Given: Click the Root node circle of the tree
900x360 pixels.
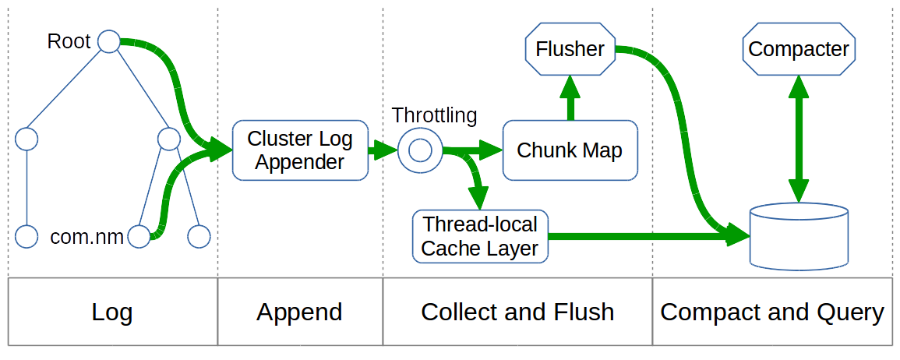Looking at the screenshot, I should click(x=108, y=42).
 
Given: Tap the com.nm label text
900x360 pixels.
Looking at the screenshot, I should click(x=86, y=237).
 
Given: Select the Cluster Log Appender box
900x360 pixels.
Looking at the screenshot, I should click(x=300, y=150).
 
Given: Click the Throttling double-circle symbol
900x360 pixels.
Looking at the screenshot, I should click(x=420, y=150).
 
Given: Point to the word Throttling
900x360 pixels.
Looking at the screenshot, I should click(x=434, y=116).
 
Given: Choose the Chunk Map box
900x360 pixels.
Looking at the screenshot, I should click(x=570, y=150).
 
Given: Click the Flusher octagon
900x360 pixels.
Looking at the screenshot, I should click(x=570, y=49).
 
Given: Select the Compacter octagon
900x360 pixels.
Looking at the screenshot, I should click(x=798, y=50).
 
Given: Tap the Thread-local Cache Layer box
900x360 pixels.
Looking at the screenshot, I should click(x=480, y=237).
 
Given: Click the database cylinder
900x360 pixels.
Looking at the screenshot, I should click(x=798, y=236).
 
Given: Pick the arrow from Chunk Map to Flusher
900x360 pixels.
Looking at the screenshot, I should click(x=570, y=97).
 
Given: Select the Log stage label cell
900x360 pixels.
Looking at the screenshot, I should click(x=112, y=312).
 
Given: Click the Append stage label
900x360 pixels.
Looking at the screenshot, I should click(x=300, y=312).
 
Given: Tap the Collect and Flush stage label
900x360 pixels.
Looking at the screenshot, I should click(x=517, y=312).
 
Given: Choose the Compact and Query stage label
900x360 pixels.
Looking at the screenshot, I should click(x=771, y=312).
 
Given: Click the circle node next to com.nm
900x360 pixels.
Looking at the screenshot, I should click(x=139, y=237).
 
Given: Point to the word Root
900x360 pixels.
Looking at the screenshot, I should click(x=69, y=41).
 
